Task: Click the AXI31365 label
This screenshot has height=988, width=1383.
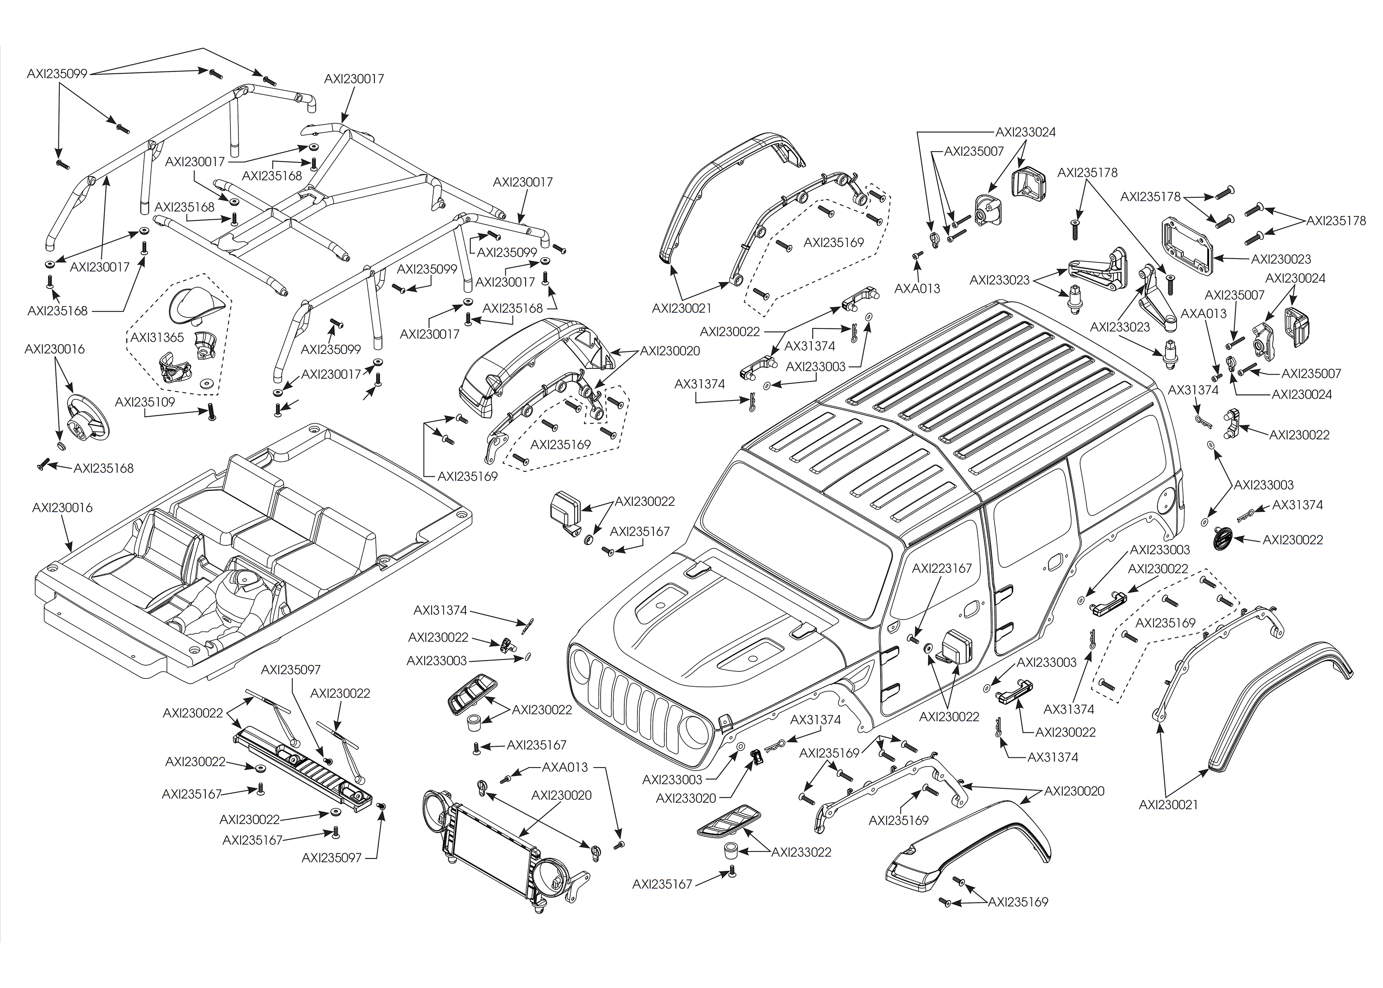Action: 157,338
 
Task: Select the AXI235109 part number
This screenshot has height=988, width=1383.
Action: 145,402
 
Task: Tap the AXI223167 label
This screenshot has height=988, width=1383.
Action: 941,568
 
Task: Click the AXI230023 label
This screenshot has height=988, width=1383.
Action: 1281,259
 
